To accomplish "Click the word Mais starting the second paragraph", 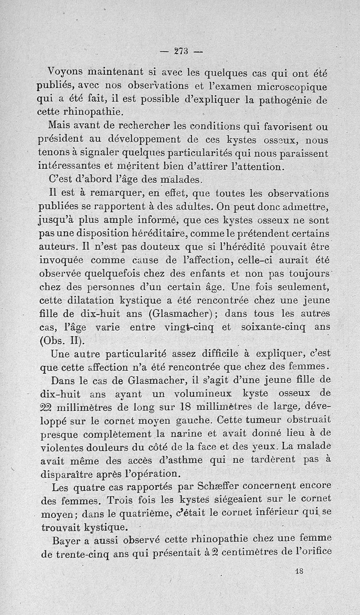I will click(x=62, y=126).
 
